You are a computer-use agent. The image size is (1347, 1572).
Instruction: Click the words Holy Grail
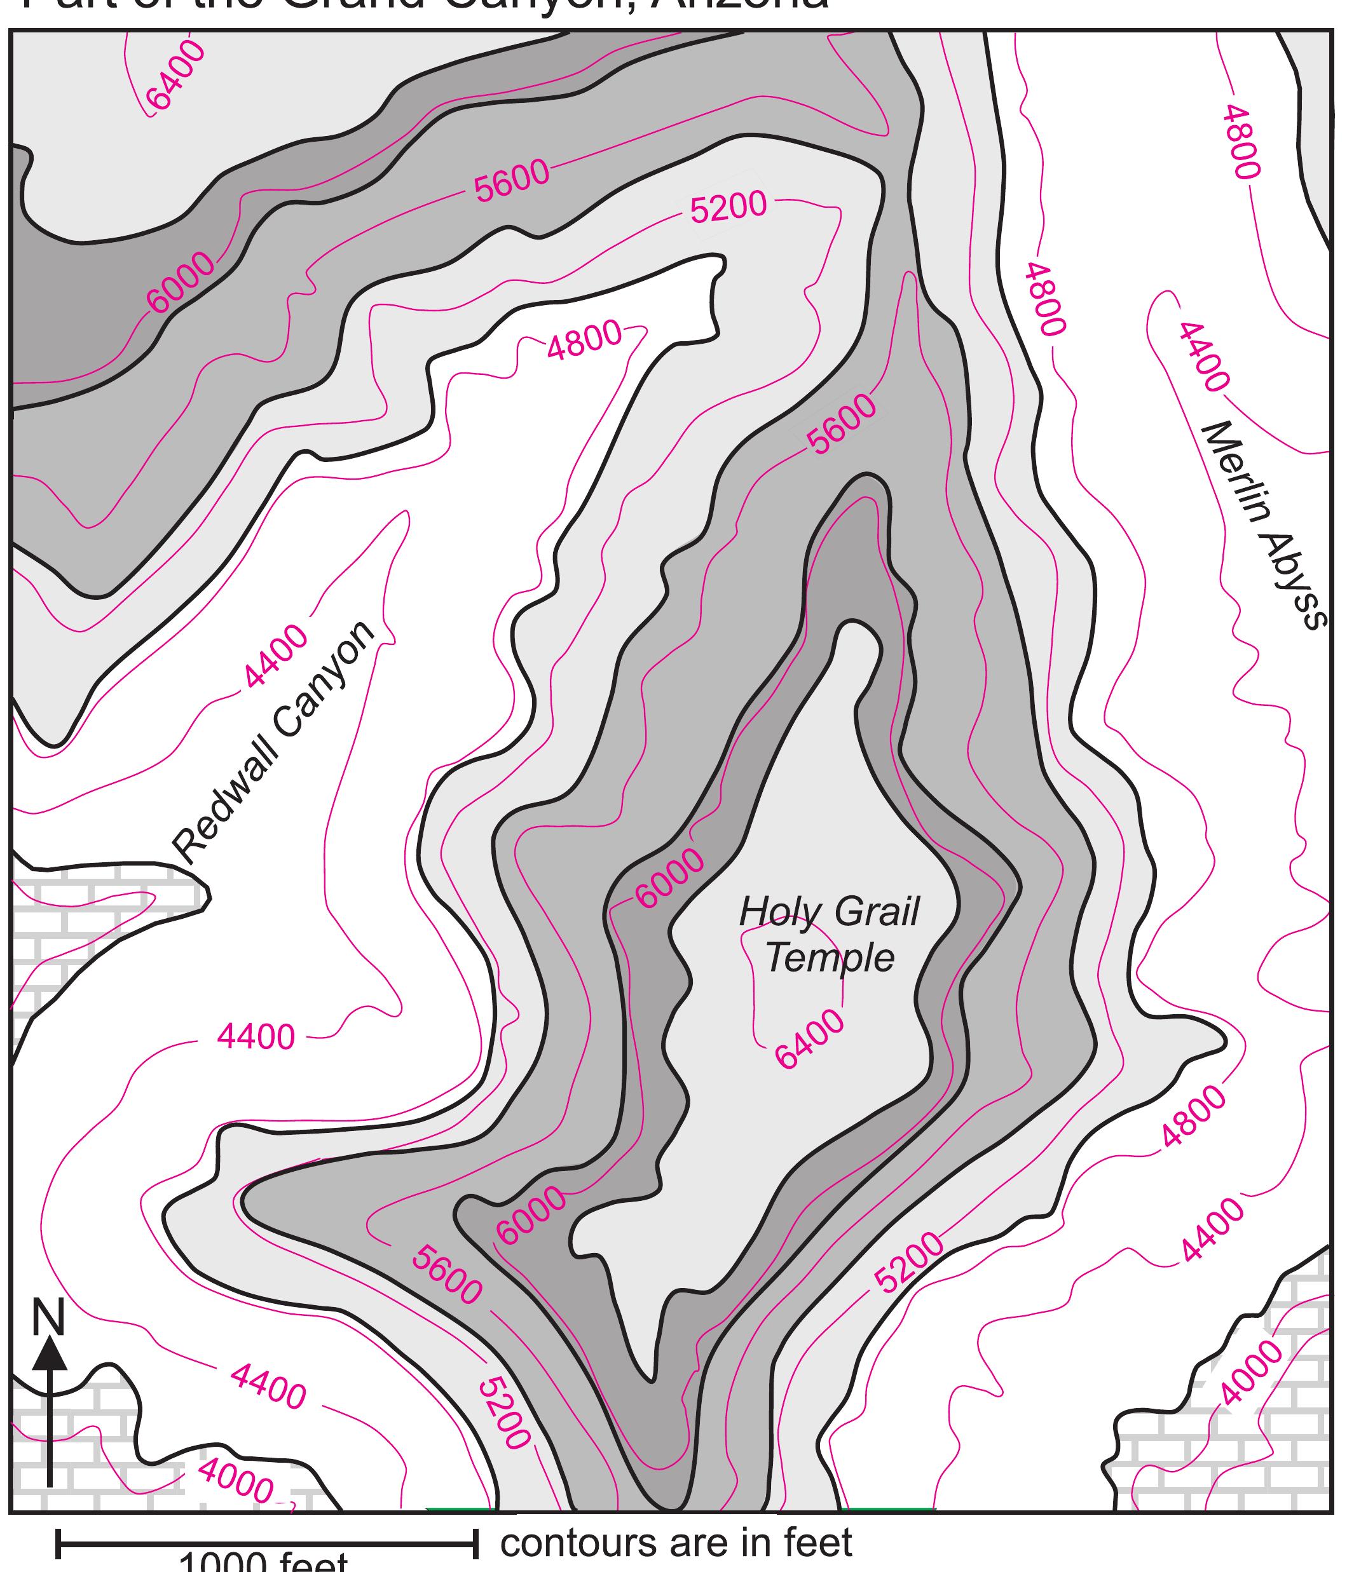[x=829, y=912]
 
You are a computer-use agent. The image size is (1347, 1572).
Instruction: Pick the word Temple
[x=830, y=958]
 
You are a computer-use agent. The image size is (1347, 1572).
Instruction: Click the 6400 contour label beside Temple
[x=809, y=1040]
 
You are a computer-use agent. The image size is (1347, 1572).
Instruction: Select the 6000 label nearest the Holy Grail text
[x=670, y=879]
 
